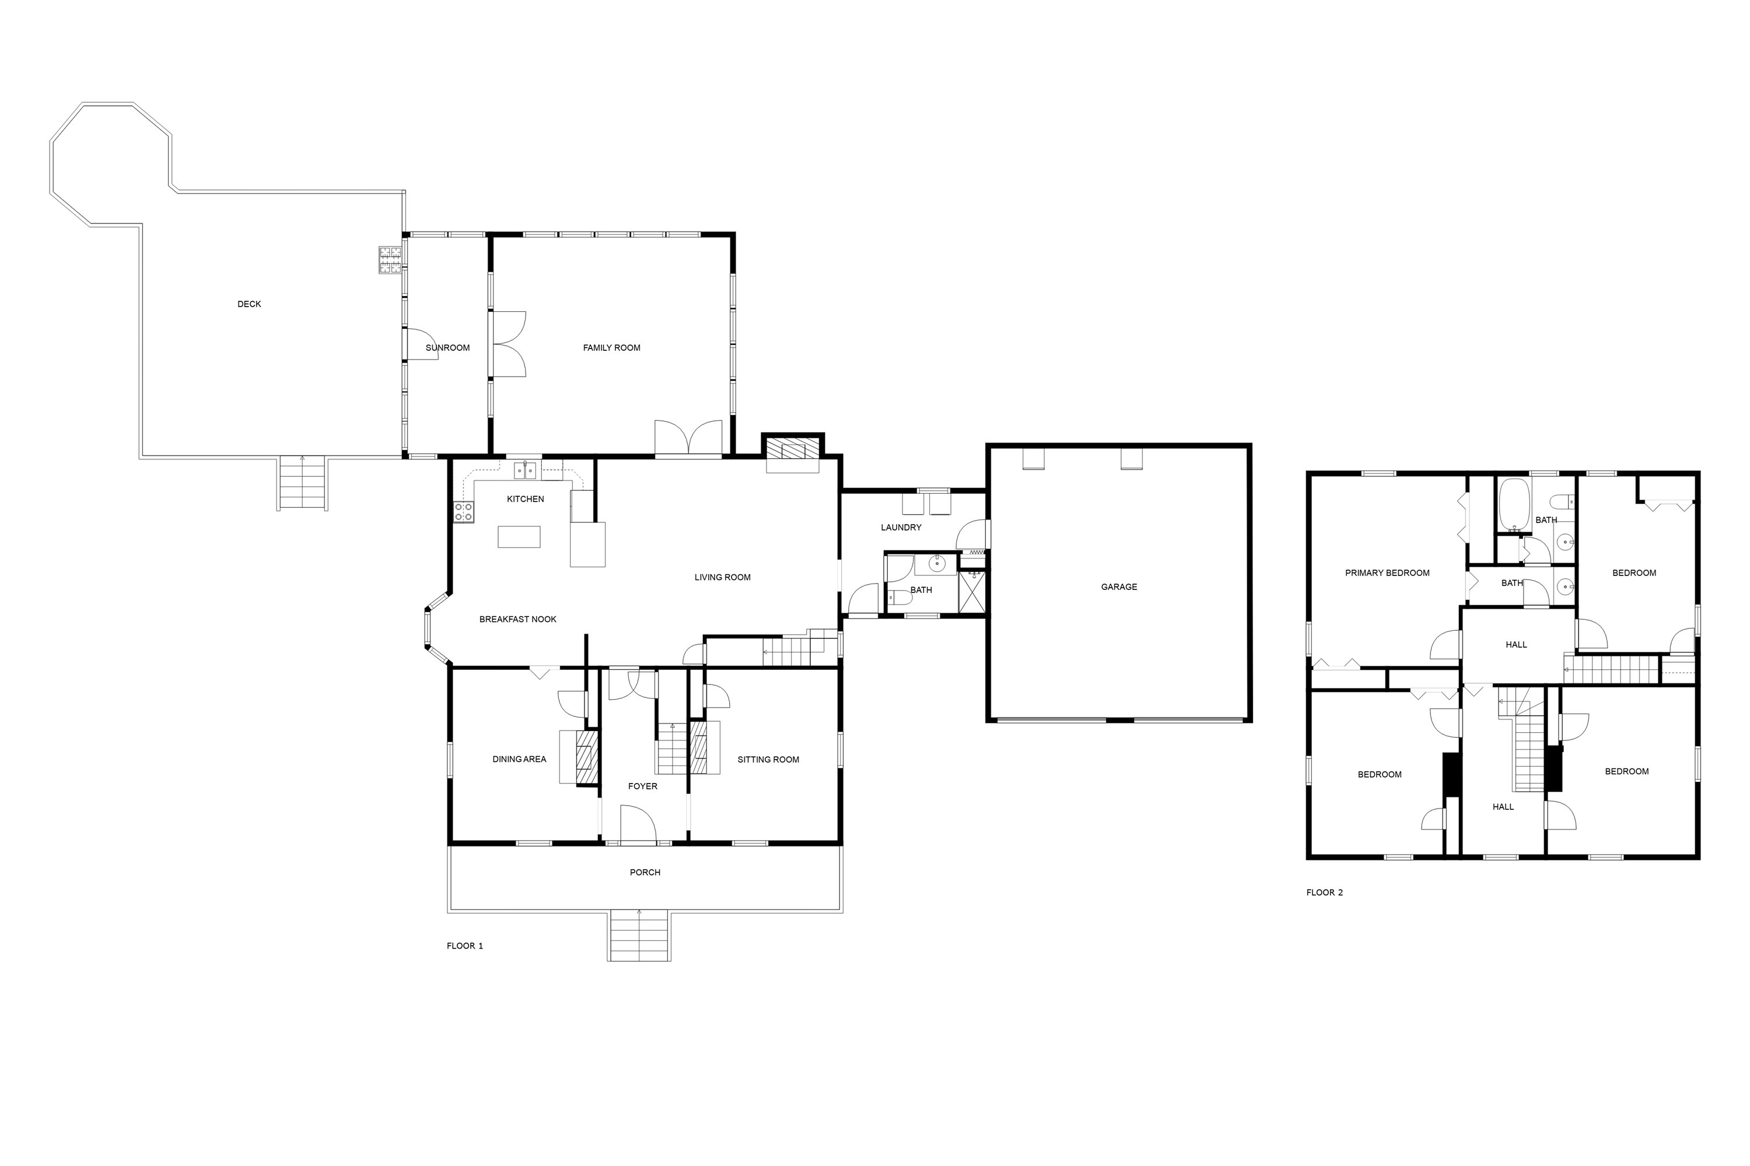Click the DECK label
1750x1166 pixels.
249,304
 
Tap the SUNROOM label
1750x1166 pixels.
447,348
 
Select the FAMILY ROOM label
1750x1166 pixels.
611,348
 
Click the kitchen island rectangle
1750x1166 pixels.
519,537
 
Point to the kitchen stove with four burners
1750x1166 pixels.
464,512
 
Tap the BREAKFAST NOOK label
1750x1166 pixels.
518,619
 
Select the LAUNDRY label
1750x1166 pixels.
901,528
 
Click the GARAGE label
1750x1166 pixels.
1119,588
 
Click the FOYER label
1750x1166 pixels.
643,786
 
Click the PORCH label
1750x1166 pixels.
645,873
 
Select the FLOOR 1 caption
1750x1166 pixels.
465,947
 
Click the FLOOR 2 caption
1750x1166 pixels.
1325,893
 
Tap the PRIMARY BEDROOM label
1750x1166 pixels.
1388,573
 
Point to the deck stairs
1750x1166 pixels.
302,483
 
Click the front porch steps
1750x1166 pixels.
639,936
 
